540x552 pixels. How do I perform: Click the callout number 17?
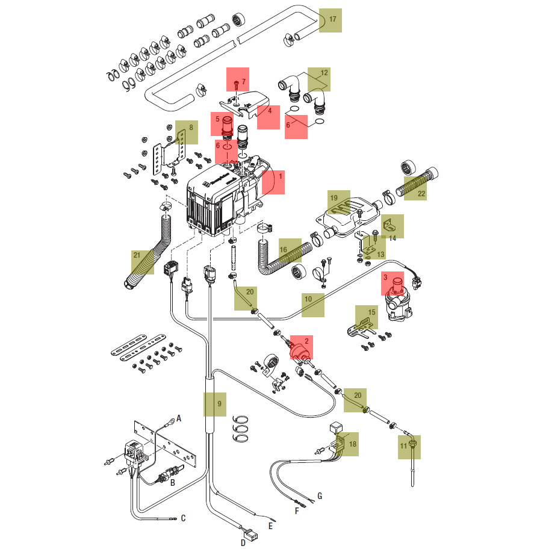[332, 20]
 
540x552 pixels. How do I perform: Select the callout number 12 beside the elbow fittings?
[324, 73]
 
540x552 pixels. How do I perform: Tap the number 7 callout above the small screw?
[243, 81]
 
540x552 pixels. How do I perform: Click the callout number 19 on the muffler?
[335, 197]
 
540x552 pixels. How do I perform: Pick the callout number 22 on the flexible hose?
[421, 193]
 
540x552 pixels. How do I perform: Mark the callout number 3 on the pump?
[386, 278]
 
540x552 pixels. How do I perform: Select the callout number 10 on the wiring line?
[308, 299]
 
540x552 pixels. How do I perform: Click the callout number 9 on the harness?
[220, 403]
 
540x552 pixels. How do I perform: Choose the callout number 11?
[403, 445]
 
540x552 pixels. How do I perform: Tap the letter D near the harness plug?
[243, 542]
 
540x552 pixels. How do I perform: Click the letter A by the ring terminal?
[179, 418]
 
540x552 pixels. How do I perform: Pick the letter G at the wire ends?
[320, 496]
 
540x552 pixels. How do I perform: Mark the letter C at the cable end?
[183, 518]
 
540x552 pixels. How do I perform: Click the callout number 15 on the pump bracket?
[371, 312]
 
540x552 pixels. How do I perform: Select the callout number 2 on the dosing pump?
[306, 341]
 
